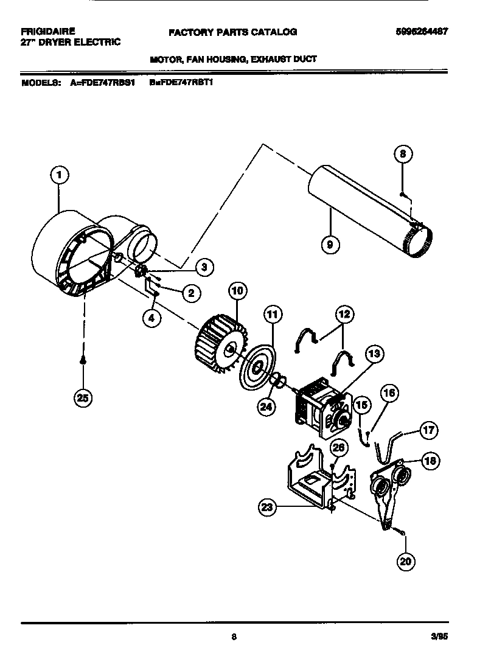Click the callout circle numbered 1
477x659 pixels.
point(58,176)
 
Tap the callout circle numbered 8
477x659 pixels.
point(402,154)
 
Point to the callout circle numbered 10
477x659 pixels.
point(237,290)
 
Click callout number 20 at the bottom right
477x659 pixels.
point(405,561)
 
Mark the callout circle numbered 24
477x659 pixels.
point(265,407)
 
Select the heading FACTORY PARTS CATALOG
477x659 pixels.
point(232,32)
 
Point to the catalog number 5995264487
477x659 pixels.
point(422,32)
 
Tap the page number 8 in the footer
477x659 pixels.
point(234,637)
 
